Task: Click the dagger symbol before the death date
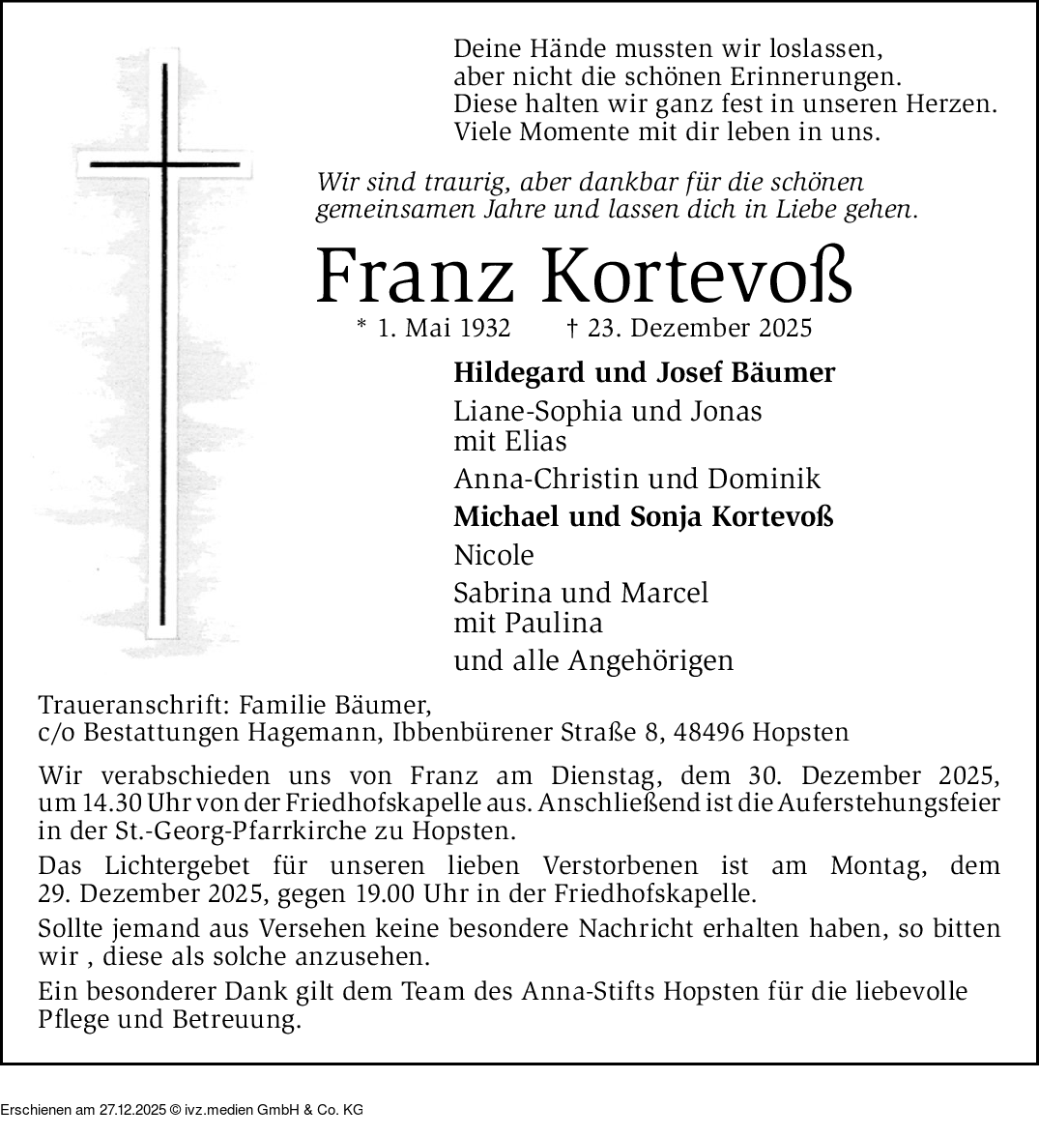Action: [571, 328]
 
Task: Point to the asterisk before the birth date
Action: [362, 327]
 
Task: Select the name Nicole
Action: [494, 555]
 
